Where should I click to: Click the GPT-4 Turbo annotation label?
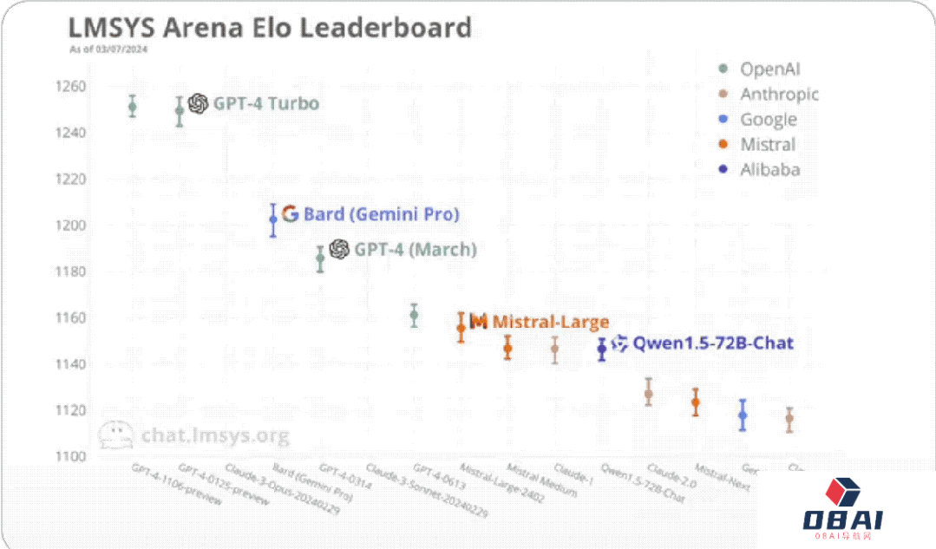[265, 104]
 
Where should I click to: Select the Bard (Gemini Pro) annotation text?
[381, 214]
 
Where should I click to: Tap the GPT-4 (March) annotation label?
[415, 250]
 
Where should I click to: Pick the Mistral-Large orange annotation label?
[550, 322]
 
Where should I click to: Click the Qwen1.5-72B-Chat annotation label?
[712, 343]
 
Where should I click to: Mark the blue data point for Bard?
[273, 219]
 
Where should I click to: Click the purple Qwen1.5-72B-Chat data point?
[602, 349]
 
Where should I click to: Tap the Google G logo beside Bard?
[290, 214]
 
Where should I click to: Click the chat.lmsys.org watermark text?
[215, 435]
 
